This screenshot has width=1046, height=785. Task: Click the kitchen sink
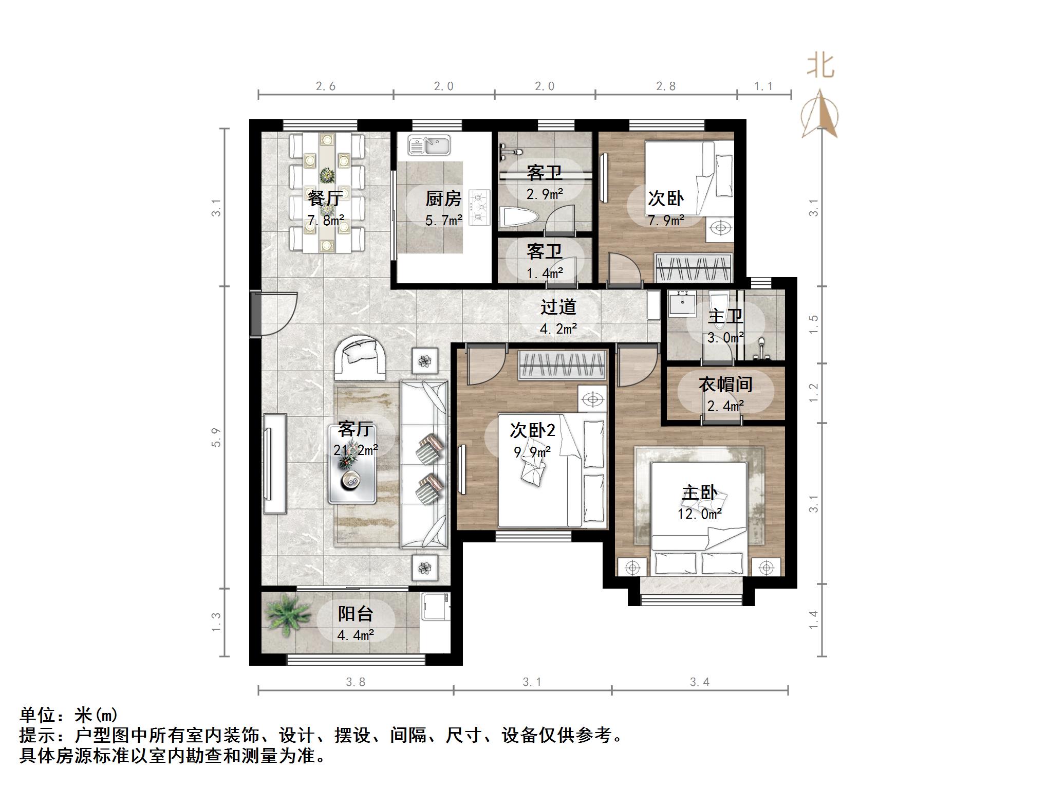coord(429,145)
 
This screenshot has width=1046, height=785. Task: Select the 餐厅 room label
coord(326,198)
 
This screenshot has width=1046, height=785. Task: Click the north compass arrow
coord(820,114)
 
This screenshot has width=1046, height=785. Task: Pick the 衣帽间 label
coord(725,385)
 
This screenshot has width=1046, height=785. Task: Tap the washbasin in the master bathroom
coord(682,303)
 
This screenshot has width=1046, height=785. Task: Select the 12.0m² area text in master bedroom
coord(699,514)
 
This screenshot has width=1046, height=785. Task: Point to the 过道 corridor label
coord(558,307)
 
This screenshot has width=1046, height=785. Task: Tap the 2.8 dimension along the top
coord(666,86)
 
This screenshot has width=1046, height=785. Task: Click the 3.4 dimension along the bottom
coord(699,682)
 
